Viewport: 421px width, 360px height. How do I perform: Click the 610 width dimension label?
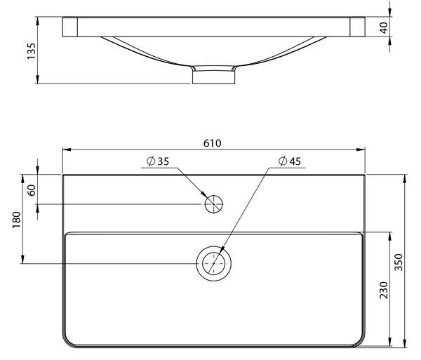[212, 143]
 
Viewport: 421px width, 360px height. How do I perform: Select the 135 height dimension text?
[32, 51]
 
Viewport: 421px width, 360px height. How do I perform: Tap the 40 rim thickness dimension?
[384, 27]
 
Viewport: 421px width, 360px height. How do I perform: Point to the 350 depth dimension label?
[399, 262]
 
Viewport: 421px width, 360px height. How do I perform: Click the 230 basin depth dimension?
[384, 290]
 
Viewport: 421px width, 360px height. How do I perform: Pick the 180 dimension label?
[17, 220]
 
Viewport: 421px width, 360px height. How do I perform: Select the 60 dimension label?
[32, 190]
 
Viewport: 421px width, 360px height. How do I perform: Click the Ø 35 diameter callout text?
[158, 161]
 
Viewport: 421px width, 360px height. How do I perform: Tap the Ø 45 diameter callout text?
[290, 161]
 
